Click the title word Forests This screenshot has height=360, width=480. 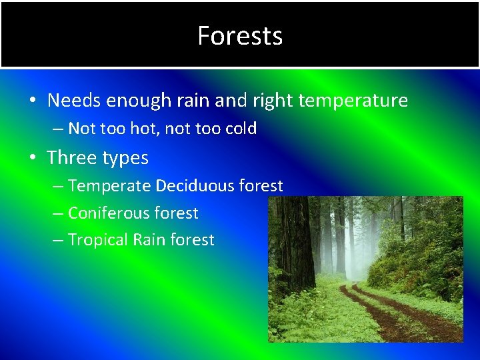[240, 35]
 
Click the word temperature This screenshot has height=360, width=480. [353, 101]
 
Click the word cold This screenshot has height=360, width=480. [238, 129]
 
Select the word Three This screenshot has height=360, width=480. [71, 157]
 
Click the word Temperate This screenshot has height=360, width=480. [109, 186]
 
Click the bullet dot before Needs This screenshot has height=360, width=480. [32, 101]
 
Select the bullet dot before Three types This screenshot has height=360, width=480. [32, 158]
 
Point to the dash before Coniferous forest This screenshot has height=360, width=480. [57, 214]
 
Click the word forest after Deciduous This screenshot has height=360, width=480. [260, 185]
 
